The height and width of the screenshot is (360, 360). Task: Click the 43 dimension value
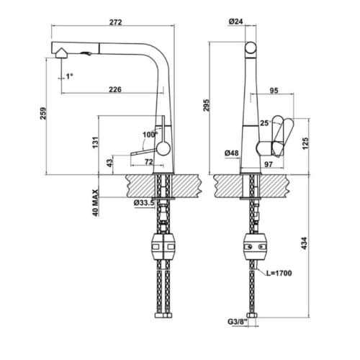click(109, 162)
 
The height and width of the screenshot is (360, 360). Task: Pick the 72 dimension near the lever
click(148, 162)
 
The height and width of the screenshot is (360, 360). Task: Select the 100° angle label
click(150, 135)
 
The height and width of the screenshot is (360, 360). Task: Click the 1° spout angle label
click(70, 76)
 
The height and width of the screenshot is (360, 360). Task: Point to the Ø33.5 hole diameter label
click(144, 202)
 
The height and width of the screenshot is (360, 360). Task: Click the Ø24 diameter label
click(235, 22)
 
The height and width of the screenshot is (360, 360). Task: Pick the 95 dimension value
click(274, 91)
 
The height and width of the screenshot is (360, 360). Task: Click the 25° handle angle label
click(266, 123)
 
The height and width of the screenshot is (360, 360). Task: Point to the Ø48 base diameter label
click(231, 153)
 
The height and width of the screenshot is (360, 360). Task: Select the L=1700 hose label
click(280, 274)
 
